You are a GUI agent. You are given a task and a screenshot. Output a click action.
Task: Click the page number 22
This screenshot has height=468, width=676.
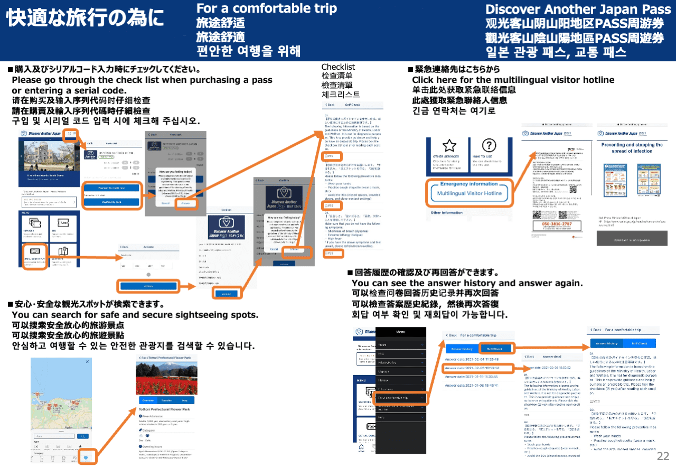[663, 456]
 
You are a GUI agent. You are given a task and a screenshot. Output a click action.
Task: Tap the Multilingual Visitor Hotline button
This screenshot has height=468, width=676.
[470, 194]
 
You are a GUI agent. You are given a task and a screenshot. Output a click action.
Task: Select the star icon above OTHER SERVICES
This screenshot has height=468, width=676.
[449, 146]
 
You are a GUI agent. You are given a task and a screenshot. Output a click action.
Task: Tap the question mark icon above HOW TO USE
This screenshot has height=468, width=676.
[490, 146]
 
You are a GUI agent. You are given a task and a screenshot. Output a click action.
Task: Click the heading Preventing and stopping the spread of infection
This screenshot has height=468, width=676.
[632, 147]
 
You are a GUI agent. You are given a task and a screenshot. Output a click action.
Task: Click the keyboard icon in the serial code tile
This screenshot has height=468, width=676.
[36, 252]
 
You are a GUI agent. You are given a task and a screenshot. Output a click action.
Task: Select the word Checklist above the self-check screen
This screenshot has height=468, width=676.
[338, 67]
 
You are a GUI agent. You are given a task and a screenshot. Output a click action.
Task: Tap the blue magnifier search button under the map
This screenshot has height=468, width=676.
[82, 436]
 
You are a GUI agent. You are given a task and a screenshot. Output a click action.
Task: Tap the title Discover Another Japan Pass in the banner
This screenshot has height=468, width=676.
[575, 9]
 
